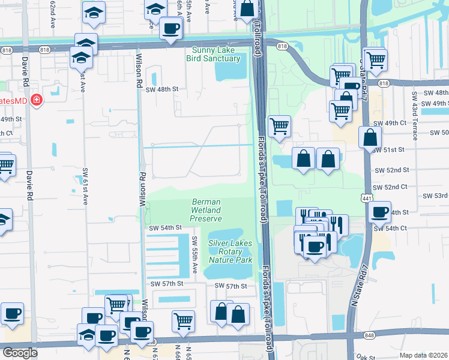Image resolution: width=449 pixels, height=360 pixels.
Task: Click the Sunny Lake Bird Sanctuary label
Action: coord(216,55)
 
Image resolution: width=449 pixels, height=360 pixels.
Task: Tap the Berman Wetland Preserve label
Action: coord(206,211)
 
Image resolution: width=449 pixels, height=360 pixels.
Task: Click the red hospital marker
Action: coord(37,100)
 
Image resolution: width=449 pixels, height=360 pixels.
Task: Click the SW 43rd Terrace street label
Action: coord(415,115)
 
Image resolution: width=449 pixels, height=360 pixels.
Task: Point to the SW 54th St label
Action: coord(165,228)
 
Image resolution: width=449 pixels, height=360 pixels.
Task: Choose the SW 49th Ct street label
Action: coord(396,123)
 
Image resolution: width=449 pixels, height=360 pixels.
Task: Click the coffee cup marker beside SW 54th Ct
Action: coord(380,212)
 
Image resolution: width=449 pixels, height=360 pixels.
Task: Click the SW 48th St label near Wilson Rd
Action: coord(162,89)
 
